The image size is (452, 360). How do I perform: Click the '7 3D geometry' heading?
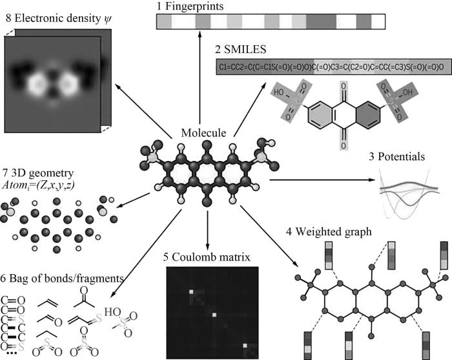point(38,174)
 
